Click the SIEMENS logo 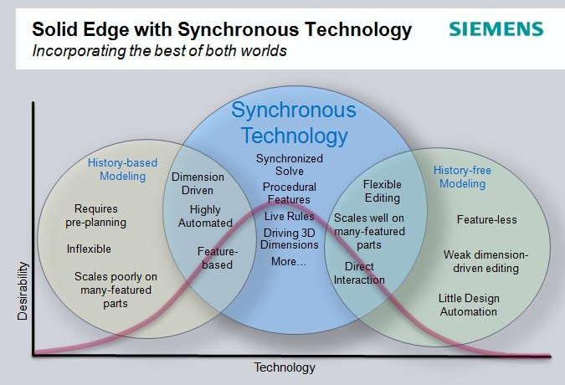click(496, 29)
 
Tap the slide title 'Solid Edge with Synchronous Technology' click(222, 30)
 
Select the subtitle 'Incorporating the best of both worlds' click(160, 51)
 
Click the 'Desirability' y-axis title click(23, 291)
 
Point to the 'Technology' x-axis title click(285, 367)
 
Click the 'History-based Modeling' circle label click(122, 169)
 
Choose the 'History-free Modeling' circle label click(462, 177)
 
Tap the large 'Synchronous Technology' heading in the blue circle click(294, 123)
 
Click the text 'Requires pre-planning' click(96, 215)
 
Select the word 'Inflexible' click(89, 249)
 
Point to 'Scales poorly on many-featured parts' click(116, 290)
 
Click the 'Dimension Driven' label click(198, 183)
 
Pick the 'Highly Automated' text click(205, 216)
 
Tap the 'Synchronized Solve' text click(290, 165)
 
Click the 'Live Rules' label click(290, 216)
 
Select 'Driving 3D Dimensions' click(290, 239)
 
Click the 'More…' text click(289, 261)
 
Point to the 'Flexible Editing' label click(383, 191)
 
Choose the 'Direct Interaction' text click(359, 273)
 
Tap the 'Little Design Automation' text click(469, 305)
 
